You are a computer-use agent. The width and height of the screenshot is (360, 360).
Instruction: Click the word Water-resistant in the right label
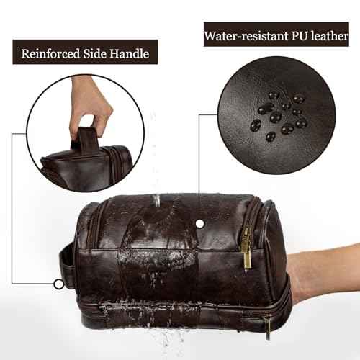point(246,34)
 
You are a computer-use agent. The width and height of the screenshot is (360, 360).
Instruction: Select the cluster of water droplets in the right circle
point(276,115)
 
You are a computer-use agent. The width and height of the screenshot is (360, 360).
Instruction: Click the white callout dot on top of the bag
point(199,224)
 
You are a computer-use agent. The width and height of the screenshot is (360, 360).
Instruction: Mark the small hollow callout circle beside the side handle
point(58,283)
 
